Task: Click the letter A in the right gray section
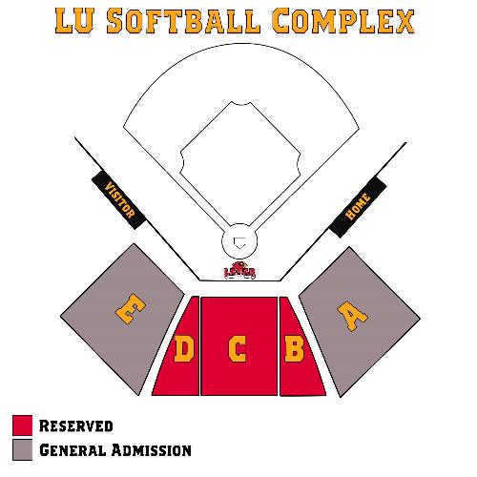(352, 316)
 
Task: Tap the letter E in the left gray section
(131, 308)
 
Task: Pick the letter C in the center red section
(238, 349)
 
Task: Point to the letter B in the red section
(294, 349)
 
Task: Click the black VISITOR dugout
(119, 200)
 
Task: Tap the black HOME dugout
(358, 207)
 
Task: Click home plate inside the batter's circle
(239, 243)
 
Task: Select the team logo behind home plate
(239, 270)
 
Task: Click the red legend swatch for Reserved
(23, 425)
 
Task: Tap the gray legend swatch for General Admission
(23, 449)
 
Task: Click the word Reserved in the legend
(75, 425)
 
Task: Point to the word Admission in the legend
(152, 450)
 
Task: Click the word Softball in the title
(183, 21)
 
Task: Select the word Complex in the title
(343, 21)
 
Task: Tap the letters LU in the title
(75, 21)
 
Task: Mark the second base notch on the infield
(240, 104)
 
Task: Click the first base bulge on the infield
(298, 163)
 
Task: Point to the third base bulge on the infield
(183, 162)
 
